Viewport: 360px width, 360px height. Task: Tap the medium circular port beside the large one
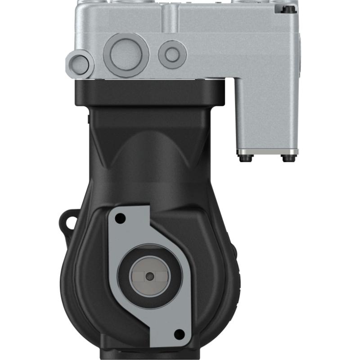[172, 54]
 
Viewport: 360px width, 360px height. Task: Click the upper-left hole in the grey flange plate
[120, 219]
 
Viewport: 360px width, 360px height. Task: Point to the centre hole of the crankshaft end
[150, 276]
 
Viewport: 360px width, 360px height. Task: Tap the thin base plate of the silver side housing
[268, 152]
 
